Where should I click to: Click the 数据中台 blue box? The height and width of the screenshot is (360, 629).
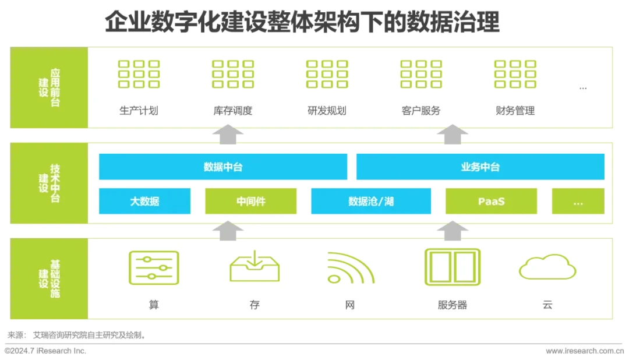[223, 167]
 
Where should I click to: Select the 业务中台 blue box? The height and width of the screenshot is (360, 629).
[480, 167]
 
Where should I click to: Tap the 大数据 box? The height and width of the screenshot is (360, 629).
[144, 201]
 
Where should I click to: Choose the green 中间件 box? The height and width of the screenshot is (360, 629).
[251, 201]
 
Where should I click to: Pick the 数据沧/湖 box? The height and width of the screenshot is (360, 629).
[371, 201]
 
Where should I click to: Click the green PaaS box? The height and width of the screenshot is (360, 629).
[491, 201]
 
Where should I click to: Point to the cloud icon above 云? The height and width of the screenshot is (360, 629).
[547, 267]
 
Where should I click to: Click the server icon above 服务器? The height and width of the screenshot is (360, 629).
[452, 267]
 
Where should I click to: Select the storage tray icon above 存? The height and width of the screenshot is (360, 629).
[255, 267]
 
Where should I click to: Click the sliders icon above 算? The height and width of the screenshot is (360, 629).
[154, 267]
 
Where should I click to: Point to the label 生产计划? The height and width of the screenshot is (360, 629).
[139, 111]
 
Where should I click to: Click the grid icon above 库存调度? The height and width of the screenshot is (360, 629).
[233, 74]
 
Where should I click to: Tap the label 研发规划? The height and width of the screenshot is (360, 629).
[327, 111]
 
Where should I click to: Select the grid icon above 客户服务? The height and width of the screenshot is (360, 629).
[421, 74]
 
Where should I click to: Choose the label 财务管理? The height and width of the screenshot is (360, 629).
[515, 111]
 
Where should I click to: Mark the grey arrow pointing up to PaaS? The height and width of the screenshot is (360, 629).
[453, 230]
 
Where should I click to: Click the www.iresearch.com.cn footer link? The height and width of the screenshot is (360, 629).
[584, 351]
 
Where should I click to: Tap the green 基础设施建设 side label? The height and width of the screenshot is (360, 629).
[49, 278]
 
